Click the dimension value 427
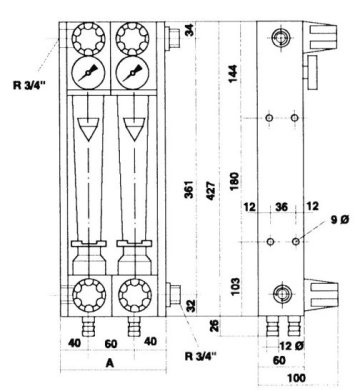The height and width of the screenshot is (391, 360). pos(211,191)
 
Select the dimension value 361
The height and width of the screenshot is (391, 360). pos(189,189)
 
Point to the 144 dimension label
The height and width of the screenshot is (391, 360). pos(233,74)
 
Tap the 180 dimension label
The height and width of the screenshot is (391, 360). pos(234,181)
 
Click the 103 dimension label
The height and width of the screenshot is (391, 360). pos(235,287)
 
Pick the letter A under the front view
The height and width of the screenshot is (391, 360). pos(110,363)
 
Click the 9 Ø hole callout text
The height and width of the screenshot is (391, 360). pos(340,220)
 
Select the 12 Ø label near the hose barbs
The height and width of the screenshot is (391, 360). pos(291,346)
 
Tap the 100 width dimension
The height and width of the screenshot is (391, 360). pos(296,378)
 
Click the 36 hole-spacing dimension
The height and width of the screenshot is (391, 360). pos(281,207)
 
